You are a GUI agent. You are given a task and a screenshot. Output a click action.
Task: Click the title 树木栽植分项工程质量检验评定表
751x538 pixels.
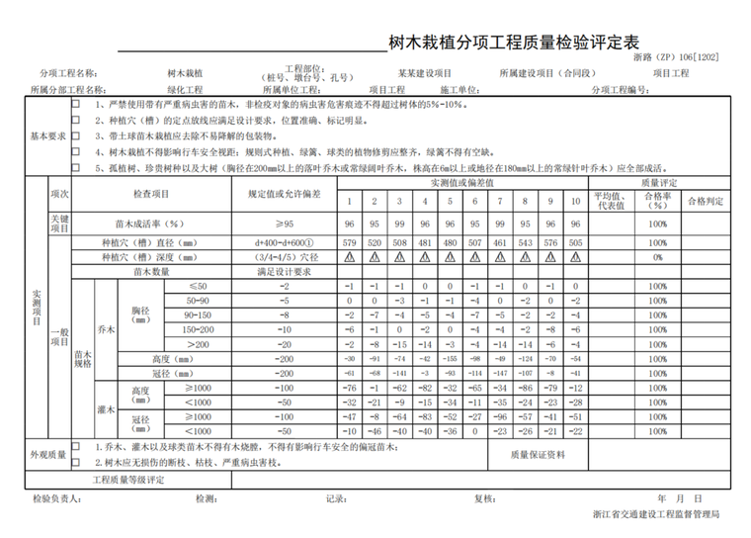(514, 44)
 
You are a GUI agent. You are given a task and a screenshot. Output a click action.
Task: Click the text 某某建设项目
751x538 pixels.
(425, 73)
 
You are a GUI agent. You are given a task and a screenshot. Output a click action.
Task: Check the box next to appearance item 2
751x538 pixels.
(76, 462)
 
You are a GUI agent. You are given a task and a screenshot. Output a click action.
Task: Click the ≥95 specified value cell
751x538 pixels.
(284, 224)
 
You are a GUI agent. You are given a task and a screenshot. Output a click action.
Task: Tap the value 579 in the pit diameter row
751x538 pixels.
(349, 240)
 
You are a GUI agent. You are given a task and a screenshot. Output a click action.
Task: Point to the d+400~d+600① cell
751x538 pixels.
(284, 240)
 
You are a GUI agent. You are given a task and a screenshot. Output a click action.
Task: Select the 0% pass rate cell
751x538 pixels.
(657, 256)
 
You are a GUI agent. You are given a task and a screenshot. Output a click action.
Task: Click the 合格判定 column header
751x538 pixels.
(706, 201)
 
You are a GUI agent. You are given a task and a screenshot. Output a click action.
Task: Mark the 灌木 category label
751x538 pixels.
(106, 409)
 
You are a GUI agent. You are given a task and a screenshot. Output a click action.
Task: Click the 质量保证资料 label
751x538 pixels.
(539, 455)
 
